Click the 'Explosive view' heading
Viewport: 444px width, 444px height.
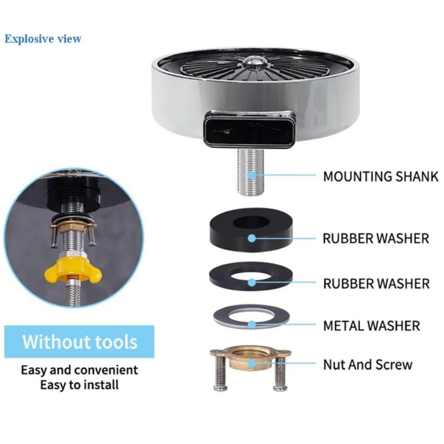pyautogui.click(x=43, y=39)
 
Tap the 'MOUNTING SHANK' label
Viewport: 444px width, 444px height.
pyautogui.click(x=381, y=176)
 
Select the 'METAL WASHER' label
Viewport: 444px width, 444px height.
pyautogui.click(x=371, y=326)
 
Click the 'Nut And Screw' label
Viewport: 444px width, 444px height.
pyautogui.click(x=367, y=365)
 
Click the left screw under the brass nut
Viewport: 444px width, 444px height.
pyautogui.click(x=221, y=374)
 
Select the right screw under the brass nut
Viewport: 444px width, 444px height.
pyautogui.click(x=280, y=374)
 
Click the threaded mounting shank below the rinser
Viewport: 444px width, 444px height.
pyautogui.click(x=251, y=172)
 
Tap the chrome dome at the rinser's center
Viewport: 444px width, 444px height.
pyautogui.click(x=254, y=62)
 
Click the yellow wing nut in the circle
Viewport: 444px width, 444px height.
pyautogui.click(x=73, y=271)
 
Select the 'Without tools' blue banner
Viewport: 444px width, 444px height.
pyautogui.click(x=79, y=341)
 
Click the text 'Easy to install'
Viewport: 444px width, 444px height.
pyautogui.click(x=79, y=385)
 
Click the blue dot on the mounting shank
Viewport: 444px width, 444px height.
pyautogui.click(x=252, y=175)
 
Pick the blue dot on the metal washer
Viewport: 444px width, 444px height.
pyautogui.click(x=252, y=325)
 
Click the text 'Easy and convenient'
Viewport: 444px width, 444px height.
pyautogui.click(x=79, y=370)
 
